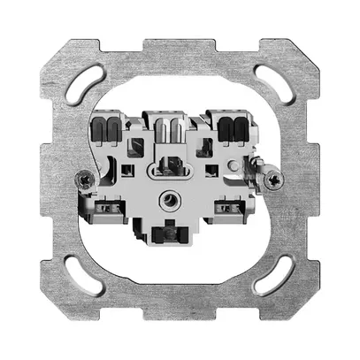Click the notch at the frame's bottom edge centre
180,317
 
